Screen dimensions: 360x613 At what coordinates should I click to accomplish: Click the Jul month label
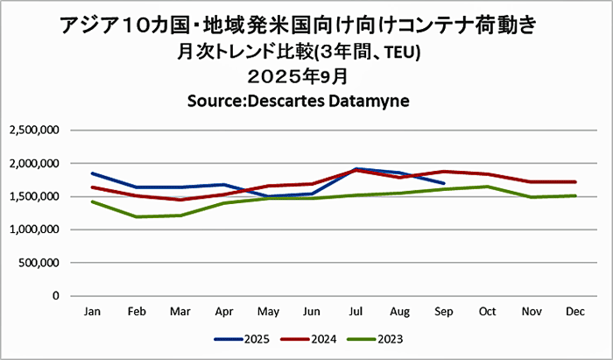coord(357,311)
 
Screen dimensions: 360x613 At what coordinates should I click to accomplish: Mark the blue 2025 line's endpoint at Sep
coord(445,183)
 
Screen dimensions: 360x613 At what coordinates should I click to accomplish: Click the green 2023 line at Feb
coord(136,216)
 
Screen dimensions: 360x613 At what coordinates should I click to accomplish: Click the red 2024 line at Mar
coord(180,200)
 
